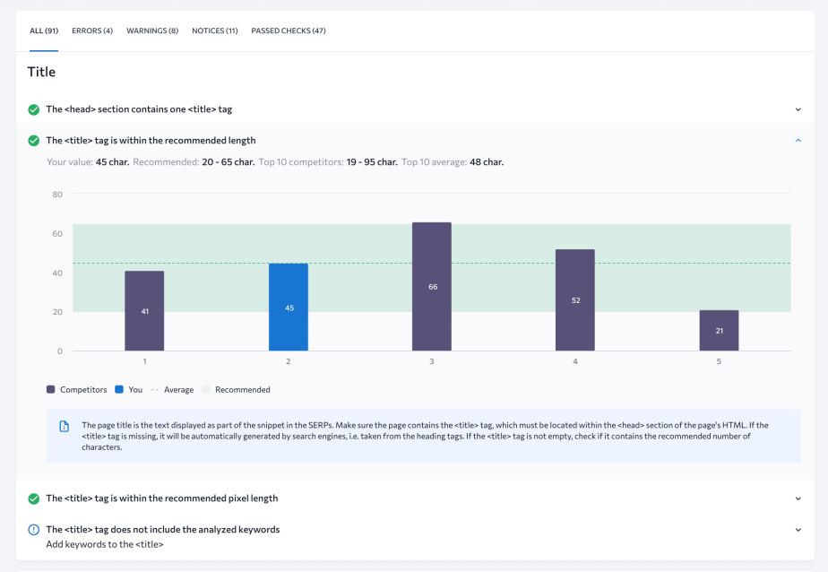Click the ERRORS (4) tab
92,30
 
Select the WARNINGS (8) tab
152,30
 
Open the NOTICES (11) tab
215,30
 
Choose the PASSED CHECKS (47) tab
289,30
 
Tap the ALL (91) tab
44,30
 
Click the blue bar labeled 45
289,308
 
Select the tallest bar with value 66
432,287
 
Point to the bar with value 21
719,331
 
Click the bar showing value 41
144,311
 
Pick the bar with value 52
575,300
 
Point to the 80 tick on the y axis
57,195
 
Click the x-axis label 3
432,361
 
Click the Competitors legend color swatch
51,390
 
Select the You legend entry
129,390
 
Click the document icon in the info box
64,426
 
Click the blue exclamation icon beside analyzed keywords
33,530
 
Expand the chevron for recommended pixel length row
798,498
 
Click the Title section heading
41,72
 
